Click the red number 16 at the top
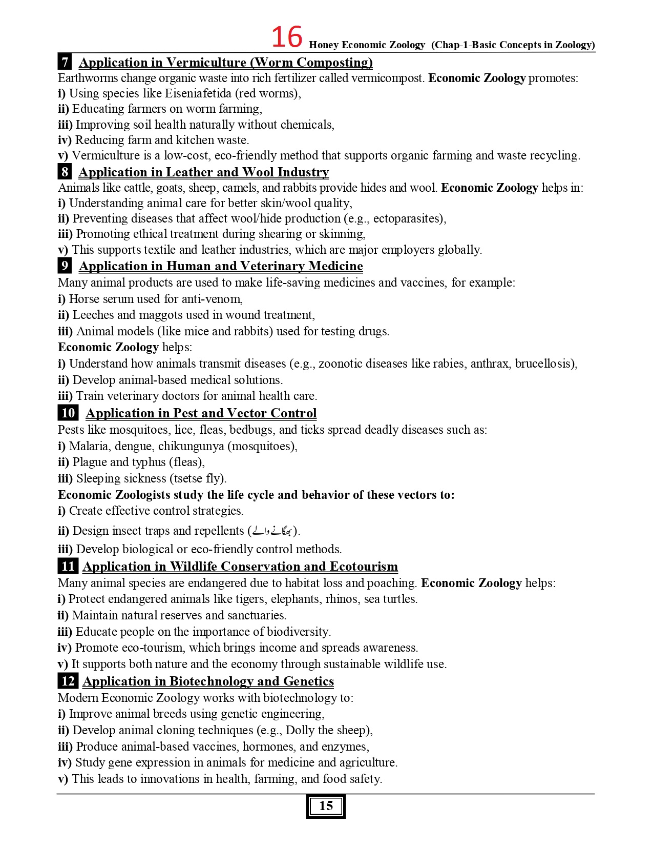(x=286, y=37)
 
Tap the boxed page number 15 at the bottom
(x=326, y=806)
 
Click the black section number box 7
(x=65, y=62)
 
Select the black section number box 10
(x=68, y=413)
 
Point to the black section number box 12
(x=68, y=681)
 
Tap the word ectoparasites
(x=408, y=218)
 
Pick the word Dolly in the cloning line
(x=300, y=730)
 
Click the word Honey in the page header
(x=324, y=45)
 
